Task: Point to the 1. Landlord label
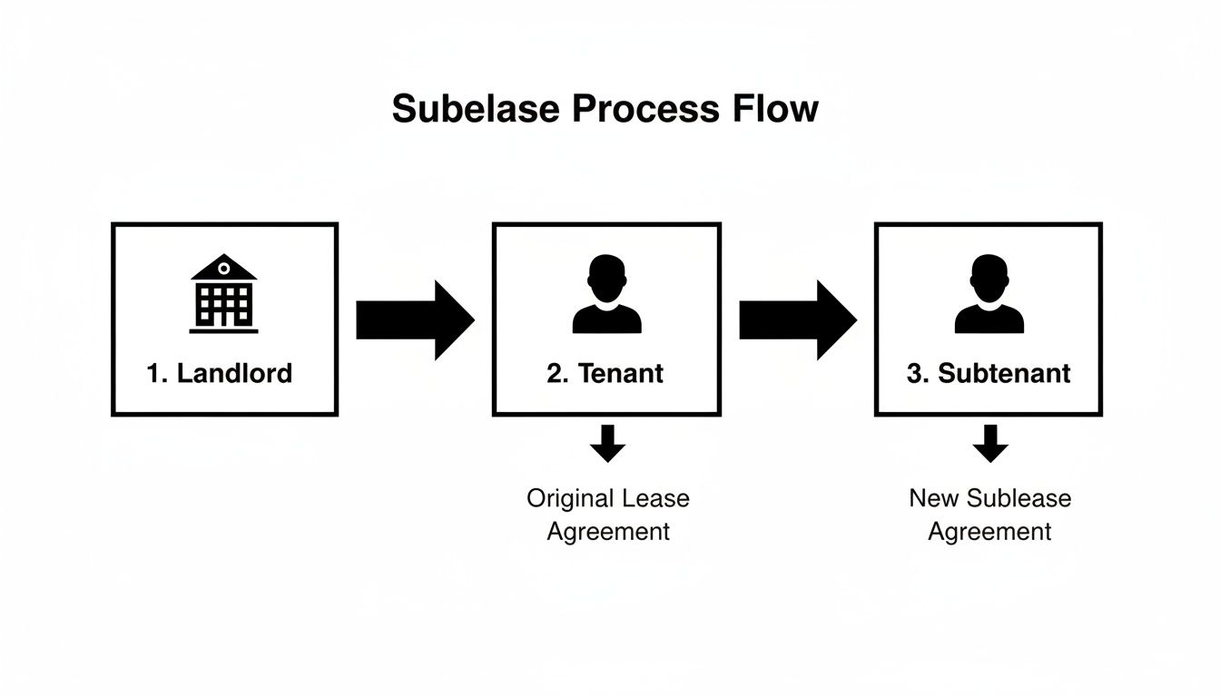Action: [220, 373]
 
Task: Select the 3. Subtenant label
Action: [989, 373]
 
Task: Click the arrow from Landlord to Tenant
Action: [415, 320]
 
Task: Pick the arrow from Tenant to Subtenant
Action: [797, 320]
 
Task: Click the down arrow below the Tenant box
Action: [607, 444]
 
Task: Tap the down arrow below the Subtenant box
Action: [989, 444]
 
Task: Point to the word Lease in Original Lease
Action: [655, 499]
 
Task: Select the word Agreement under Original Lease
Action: [607, 531]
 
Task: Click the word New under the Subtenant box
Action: [933, 498]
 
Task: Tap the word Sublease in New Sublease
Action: [1018, 498]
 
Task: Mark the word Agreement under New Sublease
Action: [989, 531]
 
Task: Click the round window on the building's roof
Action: [223, 269]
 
